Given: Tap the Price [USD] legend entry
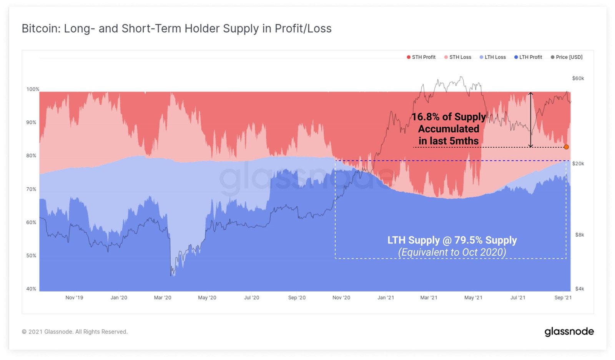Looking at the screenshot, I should point(567,57).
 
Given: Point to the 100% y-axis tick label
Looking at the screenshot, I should point(33,89).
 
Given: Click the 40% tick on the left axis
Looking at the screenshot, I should point(31,289).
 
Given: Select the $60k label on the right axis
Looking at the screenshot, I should point(578,78).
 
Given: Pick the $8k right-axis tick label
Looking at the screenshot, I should point(579,235).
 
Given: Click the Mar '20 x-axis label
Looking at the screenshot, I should point(163,298).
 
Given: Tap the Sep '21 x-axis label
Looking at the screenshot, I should point(563,298).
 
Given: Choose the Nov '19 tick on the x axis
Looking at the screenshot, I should point(74,298).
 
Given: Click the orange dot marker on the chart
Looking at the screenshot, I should point(566,147).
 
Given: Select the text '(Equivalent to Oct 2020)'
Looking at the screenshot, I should point(452,252).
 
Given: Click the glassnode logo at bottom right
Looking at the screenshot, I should point(569,332).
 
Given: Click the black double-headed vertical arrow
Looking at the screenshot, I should point(530,120).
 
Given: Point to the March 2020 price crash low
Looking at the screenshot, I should point(171,275).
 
